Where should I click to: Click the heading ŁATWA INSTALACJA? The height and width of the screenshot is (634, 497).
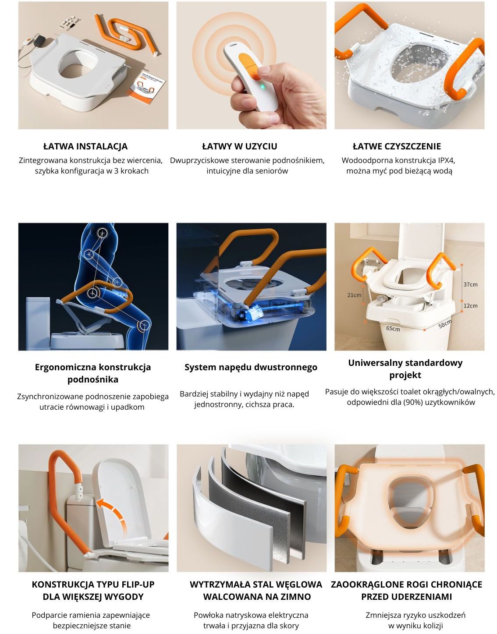tap(85, 146)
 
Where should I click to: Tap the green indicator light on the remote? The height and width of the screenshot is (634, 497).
tap(262, 87)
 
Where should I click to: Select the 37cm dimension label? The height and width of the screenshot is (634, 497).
tap(470, 284)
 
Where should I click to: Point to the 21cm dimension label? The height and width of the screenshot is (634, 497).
tap(354, 295)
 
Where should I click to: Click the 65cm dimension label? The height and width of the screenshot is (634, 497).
tap(393, 329)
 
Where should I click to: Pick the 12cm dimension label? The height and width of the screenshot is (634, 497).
tap(470, 305)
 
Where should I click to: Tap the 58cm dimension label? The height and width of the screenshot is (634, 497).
tap(445, 324)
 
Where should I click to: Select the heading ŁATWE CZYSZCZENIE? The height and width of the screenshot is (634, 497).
tap(397, 146)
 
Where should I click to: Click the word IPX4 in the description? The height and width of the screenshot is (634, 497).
tap(446, 160)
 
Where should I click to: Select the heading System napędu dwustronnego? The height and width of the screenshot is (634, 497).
tap(251, 367)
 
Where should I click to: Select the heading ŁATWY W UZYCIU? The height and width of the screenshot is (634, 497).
tap(240, 146)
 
